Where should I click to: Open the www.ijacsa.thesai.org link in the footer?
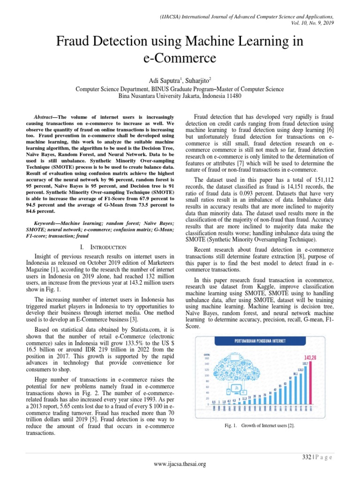(180, 464)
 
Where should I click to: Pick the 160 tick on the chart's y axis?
(206, 358)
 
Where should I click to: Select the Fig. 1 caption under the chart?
(259, 425)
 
